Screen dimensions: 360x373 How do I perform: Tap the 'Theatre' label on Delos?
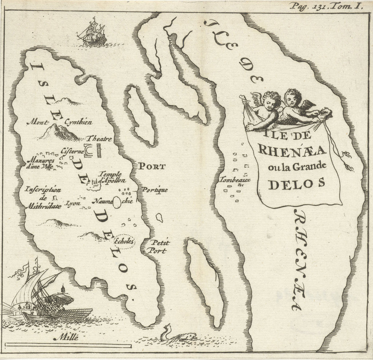pos(99,139)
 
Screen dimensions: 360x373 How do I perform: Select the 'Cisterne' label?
pos(72,149)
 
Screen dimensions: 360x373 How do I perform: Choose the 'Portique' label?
pos(154,190)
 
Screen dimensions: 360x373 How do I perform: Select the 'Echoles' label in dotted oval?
pos(124,241)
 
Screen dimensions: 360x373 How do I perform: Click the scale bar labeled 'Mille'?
pos(73,344)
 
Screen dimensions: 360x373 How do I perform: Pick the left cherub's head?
pos(270,99)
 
